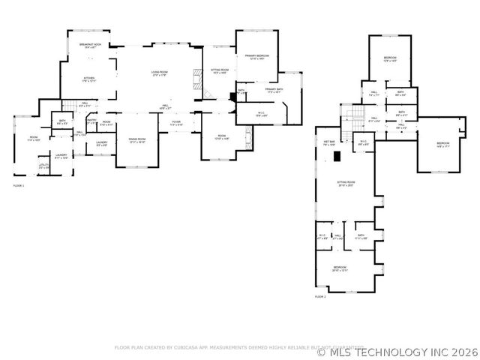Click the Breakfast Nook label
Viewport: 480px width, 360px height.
(90, 46)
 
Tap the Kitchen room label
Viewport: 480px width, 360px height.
(89, 79)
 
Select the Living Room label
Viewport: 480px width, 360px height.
(159, 73)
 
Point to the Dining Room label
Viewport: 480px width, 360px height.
(136, 140)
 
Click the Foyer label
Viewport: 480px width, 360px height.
(175, 121)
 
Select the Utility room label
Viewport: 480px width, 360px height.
(43, 166)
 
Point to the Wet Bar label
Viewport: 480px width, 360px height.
(329, 142)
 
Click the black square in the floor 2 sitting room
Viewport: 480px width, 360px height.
(337, 156)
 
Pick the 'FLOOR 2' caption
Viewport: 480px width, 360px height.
(320, 298)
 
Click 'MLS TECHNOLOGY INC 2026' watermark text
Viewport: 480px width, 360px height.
(403, 350)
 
